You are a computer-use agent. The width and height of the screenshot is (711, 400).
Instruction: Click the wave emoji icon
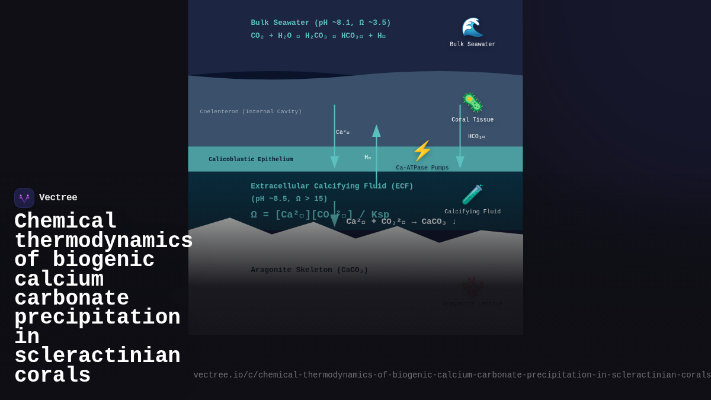point(472,27)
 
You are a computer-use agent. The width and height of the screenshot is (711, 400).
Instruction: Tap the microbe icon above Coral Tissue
point(472,103)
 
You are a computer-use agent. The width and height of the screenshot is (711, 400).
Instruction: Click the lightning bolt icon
point(422,151)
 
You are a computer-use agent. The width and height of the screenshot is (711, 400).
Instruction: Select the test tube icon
point(472,194)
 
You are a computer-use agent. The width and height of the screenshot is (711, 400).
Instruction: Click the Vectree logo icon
point(24,198)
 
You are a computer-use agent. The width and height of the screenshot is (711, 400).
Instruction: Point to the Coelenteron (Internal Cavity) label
point(251,111)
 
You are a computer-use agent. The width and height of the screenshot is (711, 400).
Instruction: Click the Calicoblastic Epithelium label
point(251,159)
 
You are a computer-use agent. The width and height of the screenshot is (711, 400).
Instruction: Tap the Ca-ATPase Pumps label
point(422,168)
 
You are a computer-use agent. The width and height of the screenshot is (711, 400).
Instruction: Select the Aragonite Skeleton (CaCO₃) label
point(309,270)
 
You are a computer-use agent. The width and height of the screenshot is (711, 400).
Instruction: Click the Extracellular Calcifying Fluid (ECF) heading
point(332,186)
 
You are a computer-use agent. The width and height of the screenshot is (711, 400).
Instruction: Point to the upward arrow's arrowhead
point(376,131)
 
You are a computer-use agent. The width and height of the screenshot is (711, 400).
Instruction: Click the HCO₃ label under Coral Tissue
point(476,136)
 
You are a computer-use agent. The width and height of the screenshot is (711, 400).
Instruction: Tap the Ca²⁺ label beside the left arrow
point(342,132)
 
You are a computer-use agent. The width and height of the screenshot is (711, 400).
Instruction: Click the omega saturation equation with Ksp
point(320,215)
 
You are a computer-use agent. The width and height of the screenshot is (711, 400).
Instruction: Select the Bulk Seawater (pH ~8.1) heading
point(321,23)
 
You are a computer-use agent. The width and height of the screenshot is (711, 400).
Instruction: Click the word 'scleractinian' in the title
point(97,356)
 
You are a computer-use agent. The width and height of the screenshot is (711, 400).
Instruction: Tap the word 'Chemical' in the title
point(65,222)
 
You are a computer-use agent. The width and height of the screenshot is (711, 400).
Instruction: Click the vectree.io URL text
point(451,375)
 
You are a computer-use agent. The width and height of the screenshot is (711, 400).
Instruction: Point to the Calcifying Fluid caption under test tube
point(472,212)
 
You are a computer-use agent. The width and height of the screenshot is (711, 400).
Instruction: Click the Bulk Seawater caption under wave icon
point(472,44)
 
